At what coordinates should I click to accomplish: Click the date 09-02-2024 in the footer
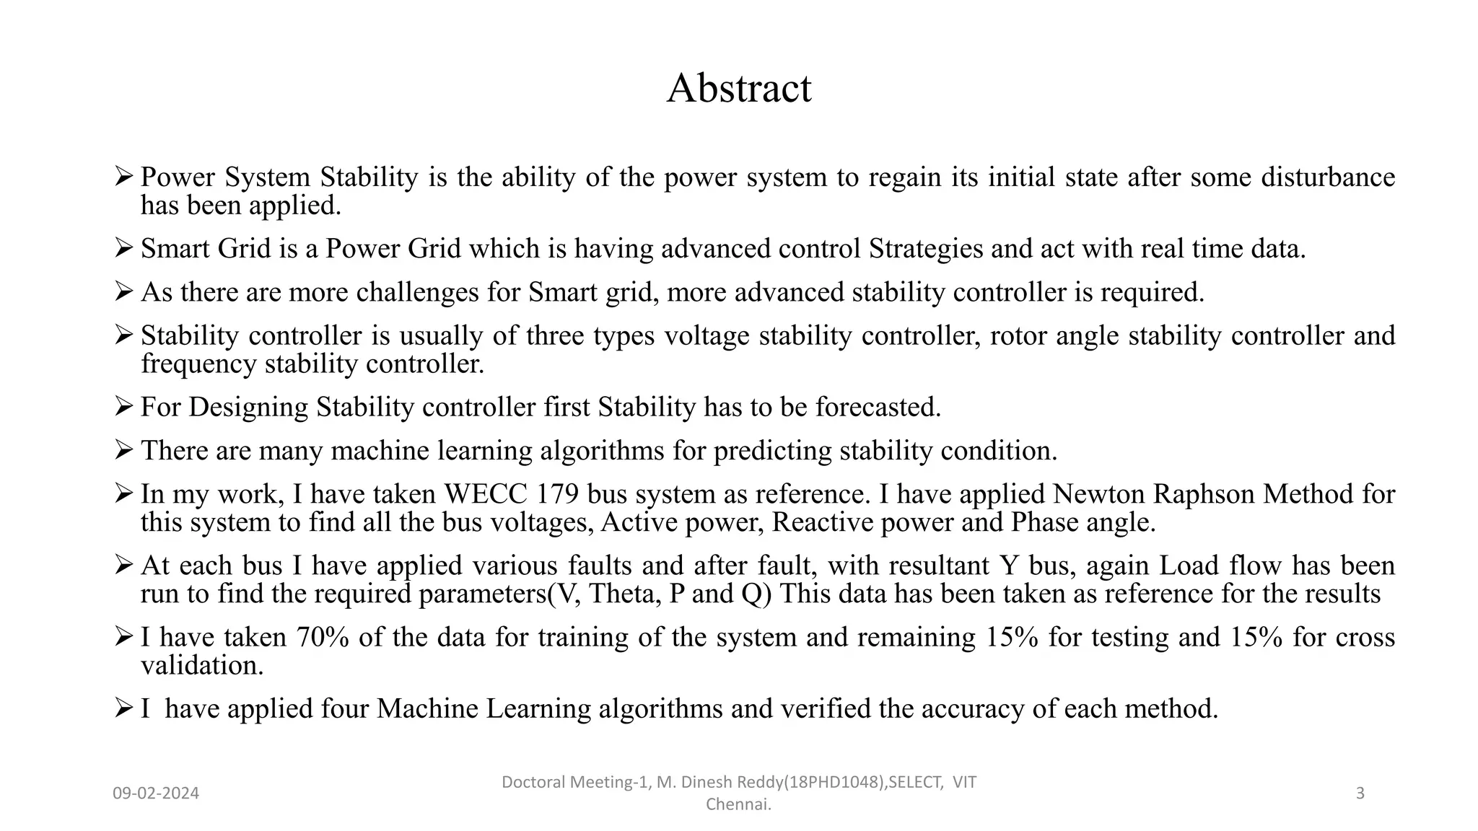click(x=156, y=793)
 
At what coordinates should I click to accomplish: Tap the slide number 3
click(x=1360, y=793)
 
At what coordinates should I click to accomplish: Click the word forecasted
click(x=878, y=408)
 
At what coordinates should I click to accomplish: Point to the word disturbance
click(x=1328, y=177)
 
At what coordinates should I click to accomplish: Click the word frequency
click(x=198, y=364)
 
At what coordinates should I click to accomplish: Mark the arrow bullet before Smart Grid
click(x=123, y=248)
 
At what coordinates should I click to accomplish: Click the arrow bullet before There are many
click(x=123, y=450)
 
